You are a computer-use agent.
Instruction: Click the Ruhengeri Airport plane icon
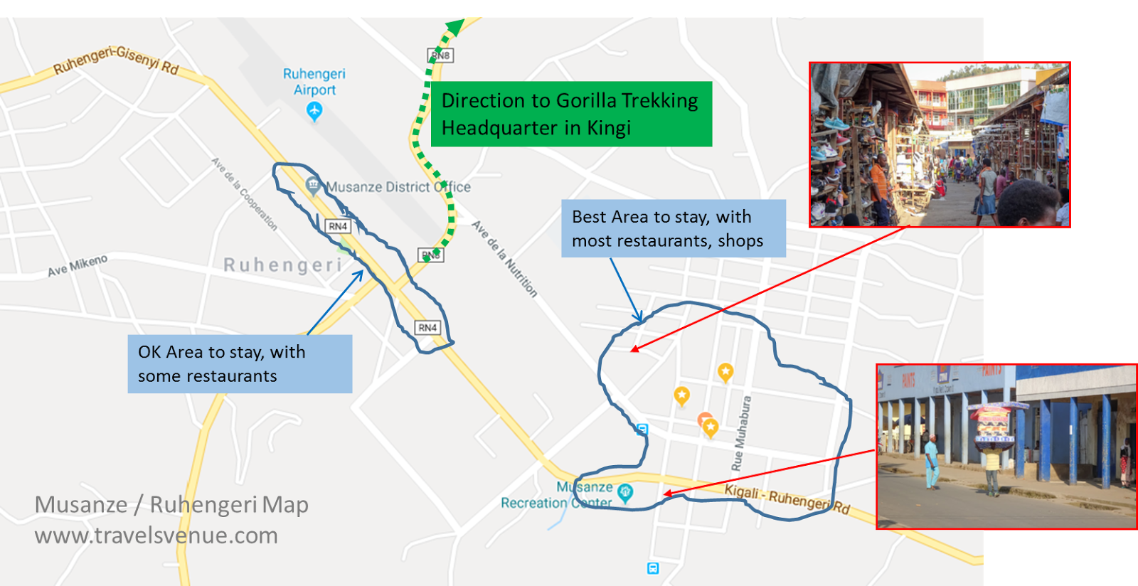(314, 111)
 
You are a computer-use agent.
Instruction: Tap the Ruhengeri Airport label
(314, 82)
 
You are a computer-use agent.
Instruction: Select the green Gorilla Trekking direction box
(571, 114)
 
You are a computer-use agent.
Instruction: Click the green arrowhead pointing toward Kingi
(454, 28)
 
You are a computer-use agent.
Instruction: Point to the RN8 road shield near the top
(440, 55)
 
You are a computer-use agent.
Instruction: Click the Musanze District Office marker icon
(312, 185)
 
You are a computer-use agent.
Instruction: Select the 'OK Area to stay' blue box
(240, 364)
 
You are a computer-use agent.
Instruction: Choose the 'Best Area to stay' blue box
(673, 228)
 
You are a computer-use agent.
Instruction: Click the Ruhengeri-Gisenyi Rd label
(116, 60)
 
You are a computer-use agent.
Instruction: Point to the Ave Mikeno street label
(78, 265)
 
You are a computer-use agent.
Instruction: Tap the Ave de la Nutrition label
(504, 258)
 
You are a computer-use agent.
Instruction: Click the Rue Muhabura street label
(741, 433)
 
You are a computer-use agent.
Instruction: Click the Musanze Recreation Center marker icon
(625, 492)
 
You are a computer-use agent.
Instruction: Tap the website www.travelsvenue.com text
(156, 536)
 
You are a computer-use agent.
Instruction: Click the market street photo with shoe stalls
(939, 144)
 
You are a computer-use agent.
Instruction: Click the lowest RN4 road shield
(427, 328)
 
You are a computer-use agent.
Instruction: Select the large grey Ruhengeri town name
(282, 265)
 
